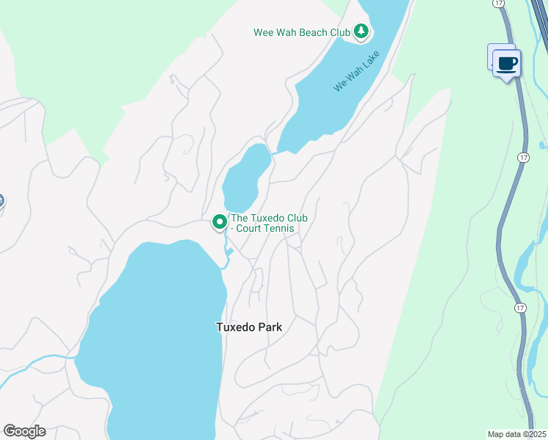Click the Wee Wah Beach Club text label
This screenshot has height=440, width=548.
tap(301, 32)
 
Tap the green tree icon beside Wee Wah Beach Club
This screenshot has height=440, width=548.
tap(360, 32)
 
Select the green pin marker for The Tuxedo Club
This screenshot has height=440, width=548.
tap(219, 221)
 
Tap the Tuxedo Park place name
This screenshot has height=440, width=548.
tap(249, 327)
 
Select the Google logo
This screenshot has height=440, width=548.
tap(24, 431)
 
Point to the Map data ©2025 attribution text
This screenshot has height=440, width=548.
tap(516, 434)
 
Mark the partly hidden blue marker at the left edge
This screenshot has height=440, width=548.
tap(1, 200)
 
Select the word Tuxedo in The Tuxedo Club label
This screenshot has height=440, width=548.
tap(267, 219)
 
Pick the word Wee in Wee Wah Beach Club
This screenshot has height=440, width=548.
tap(263, 32)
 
